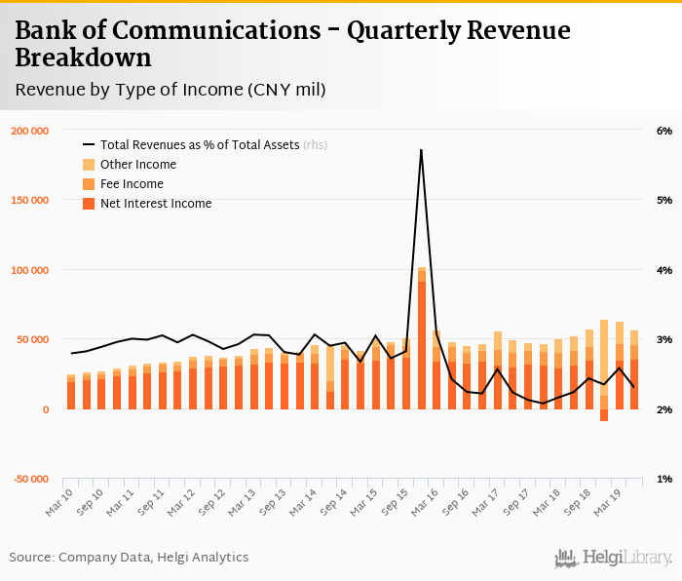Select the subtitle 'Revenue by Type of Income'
click(x=170, y=90)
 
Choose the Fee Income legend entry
click(x=131, y=184)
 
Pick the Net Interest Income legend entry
click(x=155, y=204)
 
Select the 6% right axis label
click(x=664, y=131)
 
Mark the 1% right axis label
click(x=664, y=480)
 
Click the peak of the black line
click(x=421, y=150)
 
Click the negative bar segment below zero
click(x=604, y=415)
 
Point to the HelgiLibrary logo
click(x=613, y=559)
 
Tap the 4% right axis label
click(x=664, y=270)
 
